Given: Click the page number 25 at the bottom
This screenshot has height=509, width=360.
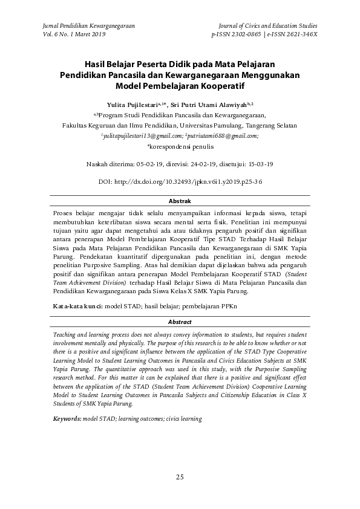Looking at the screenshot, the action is tap(180, 478).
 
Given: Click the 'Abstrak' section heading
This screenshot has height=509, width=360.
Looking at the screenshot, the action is tap(180, 201).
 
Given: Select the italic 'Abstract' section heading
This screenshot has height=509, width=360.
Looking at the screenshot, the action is tap(180, 322).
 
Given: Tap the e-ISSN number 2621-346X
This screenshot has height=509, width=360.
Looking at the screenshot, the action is tap(297, 35).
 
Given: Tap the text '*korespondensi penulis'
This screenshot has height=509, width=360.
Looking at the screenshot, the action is tap(180, 146).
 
